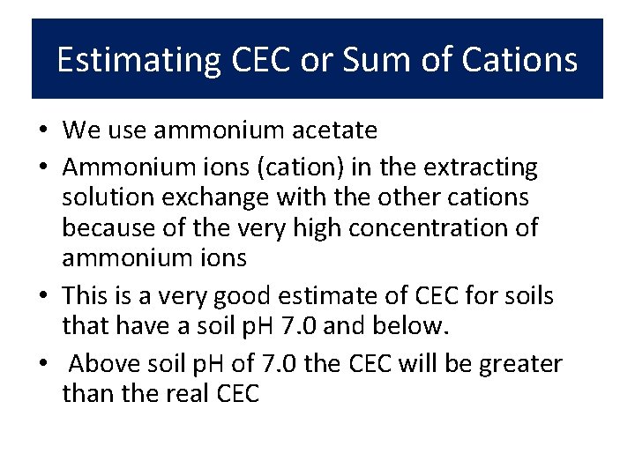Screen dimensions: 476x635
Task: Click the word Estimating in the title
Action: coord(138,60)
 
